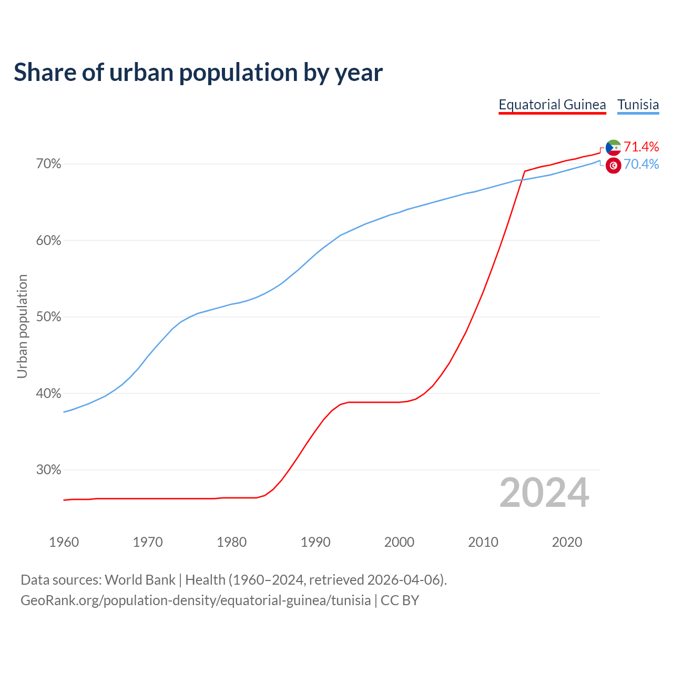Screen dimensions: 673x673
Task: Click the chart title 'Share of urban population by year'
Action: [x=198, y=73]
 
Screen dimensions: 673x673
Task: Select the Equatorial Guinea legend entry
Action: [x=552, y=105]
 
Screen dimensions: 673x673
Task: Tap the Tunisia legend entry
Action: [x=638, y=105]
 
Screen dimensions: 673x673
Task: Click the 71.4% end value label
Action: [x=641, y=147]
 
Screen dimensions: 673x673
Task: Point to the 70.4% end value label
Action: [x=641, y=165]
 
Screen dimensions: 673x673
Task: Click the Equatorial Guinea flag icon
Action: [x=613, y=147]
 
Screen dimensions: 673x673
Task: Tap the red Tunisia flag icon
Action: [x=613, y=165]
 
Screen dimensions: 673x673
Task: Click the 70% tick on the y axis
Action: [x=48, y=164]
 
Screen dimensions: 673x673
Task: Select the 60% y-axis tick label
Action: [x=48, y=241]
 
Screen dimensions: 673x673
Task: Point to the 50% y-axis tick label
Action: [x=48, y=317]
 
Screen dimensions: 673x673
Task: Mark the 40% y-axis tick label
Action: [x=48, y=394]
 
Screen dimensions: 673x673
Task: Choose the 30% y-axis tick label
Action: [x=48, y=470]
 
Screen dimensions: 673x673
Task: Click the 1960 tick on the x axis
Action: [x=64, y=542]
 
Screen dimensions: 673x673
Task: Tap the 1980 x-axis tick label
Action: [x=232, y=542]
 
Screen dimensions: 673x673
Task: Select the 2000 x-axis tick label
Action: [x=400, y=542]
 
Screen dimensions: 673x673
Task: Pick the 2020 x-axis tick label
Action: [x=567, y=542]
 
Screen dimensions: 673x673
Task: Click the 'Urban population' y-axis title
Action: [x=22, y=326]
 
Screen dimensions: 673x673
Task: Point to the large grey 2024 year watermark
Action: [x=544, y=493]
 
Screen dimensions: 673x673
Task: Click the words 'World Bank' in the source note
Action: [x=140, y=580]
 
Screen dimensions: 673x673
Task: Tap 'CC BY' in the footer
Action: [x=400, y=600]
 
